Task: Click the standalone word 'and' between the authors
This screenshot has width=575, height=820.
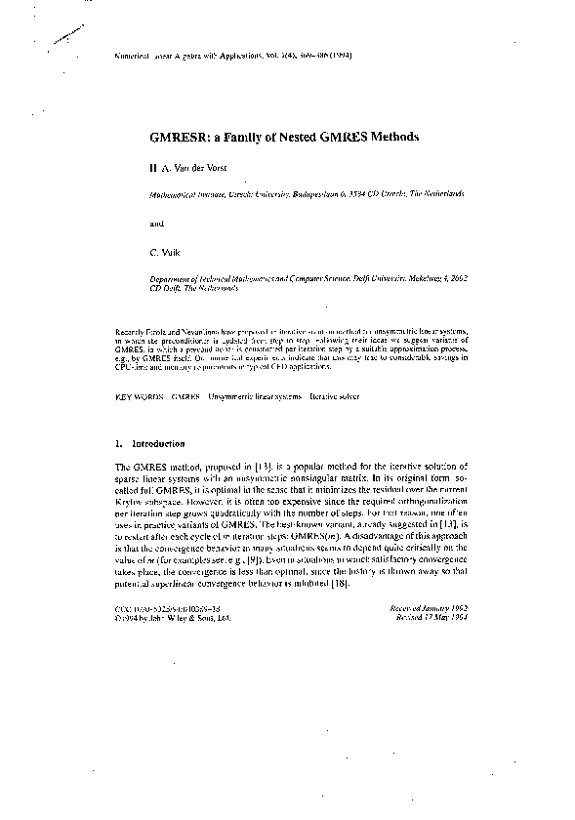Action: tap(157, 223)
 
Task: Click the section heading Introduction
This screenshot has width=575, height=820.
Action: tap(157, 444)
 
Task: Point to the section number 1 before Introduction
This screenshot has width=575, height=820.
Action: tap(118, 444)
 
